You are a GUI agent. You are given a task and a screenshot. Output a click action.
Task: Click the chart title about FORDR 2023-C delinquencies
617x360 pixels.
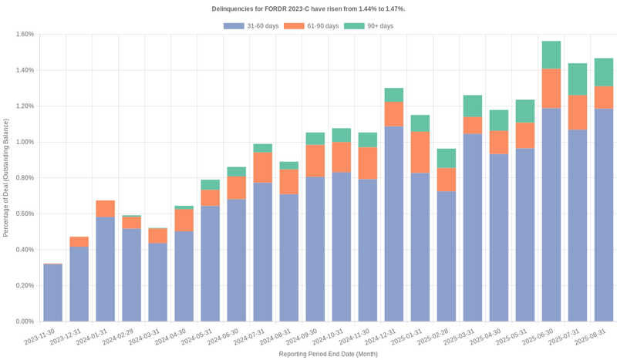(308, 8)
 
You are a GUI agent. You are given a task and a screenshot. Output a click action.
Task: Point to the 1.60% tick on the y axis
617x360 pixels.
(23, 34)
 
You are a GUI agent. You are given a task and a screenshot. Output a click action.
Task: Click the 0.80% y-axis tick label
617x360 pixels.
(23, 178)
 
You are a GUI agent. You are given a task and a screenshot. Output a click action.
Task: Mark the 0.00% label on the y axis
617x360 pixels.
(23, 321)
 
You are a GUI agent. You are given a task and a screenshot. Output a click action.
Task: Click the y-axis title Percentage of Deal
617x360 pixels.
(6, 177)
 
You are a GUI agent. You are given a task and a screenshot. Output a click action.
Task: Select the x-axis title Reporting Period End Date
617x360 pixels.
(328, 354)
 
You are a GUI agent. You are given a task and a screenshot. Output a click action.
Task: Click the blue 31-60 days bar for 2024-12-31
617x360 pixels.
(393, 224)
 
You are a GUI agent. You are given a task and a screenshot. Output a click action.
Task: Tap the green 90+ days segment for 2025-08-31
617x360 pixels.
(603, 72)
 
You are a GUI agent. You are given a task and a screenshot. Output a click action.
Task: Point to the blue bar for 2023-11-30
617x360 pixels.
(52, 293)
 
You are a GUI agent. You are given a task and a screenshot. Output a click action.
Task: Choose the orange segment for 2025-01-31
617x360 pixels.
(420, 152)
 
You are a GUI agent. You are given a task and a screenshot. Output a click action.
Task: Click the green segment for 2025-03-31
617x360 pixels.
(472, 106)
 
